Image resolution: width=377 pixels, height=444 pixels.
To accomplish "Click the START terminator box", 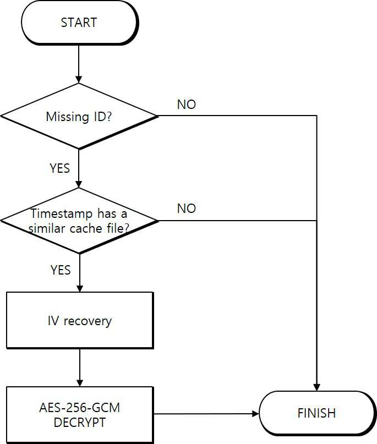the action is click(x=80, y=23).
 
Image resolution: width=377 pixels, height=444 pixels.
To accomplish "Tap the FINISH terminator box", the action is click(x=316, y=413).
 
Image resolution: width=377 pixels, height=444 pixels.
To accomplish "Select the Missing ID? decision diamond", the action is click(x=79, y=116).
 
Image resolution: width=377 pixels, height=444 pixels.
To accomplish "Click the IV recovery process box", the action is click(x=80, y=320).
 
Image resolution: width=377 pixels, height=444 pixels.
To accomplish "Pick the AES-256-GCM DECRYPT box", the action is click(x=80, y=415).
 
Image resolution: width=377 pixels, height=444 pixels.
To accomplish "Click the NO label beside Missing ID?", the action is click(x=187, y=105).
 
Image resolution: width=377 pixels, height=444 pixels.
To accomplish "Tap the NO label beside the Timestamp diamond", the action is click(x=187, y=209).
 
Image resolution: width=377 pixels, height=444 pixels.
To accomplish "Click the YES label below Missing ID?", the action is click(x=60, y=168).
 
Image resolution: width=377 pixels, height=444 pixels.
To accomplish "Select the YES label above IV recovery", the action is click(x=61, y=270).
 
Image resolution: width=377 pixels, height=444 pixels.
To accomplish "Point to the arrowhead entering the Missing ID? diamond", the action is click(x=79, y=80).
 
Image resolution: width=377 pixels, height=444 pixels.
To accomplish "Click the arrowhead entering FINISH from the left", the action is click(x=255, y=414).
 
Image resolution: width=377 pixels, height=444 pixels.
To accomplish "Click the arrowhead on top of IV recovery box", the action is click(x=80, y=288).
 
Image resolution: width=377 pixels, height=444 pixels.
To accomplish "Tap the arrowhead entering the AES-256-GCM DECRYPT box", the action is click(x=80, y=383).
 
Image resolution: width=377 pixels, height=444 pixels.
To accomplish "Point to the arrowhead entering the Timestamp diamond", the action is click(x=79, y=184).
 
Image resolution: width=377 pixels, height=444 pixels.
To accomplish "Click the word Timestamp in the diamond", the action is click(x=62, y=213).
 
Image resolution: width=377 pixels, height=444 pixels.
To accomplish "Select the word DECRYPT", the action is click(x=80, y=423).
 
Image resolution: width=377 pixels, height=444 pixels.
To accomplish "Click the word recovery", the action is click(x=88, y=321).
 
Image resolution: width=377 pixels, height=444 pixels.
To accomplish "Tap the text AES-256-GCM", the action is click(x=80, y=408).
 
